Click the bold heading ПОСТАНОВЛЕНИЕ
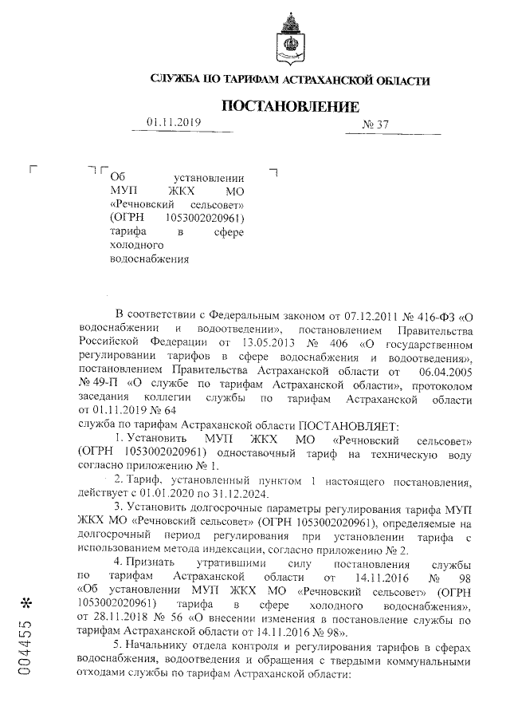click(290, 106)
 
